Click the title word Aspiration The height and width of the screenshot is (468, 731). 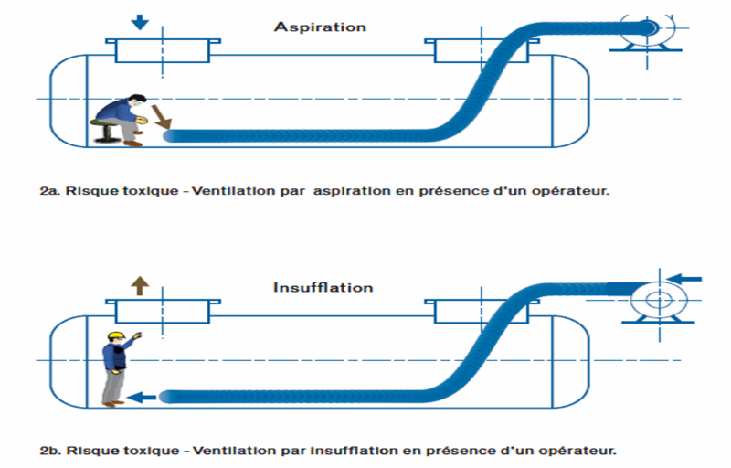[320, 27]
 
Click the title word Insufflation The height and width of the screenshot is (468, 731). [323, 287]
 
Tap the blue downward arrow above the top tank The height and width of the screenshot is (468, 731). [139, 21]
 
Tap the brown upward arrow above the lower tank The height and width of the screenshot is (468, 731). [140, 283]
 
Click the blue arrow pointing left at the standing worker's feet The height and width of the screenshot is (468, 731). [142, 397]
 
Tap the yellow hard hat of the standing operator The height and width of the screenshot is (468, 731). [115, 336]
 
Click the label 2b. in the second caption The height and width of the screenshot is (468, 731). [50, 451]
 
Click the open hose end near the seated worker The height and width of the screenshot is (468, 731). [169, 136]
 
